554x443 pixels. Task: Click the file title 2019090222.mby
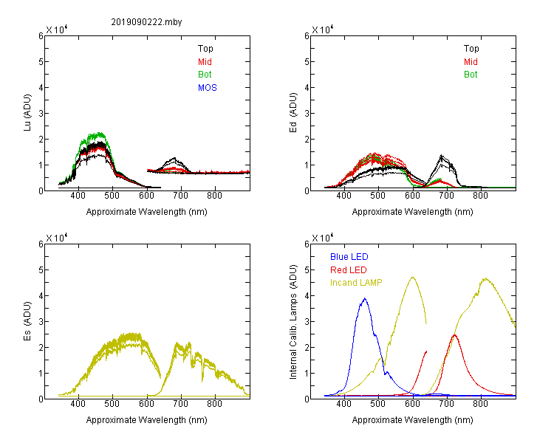(146, 22)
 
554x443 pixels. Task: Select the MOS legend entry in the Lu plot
(208, 88)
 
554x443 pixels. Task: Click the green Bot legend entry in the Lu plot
(205, 75)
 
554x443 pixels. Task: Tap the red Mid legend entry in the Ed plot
(471, 62)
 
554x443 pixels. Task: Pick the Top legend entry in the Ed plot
(471, 49)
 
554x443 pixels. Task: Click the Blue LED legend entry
(349, 257)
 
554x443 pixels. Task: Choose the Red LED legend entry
(349, 270)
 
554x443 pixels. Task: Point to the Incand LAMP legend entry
(356, 283)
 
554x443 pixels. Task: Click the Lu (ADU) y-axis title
(27, 113)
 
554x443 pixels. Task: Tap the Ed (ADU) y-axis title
(293, 113)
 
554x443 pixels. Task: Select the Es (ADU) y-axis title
(27, 321)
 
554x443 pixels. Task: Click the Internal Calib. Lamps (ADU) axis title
(293, 322)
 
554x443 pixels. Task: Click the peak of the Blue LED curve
(365, 298)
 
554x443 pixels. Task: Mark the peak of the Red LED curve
(454, 335)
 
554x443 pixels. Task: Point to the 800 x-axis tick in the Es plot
(214, 404)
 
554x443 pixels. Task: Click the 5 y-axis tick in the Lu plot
(41, 62)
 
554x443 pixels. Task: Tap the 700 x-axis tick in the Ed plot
(446, 196)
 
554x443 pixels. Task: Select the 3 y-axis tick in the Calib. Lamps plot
(307, 322)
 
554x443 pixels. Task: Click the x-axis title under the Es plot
(147, 420)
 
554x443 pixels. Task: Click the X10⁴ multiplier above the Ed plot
(322, 30)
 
